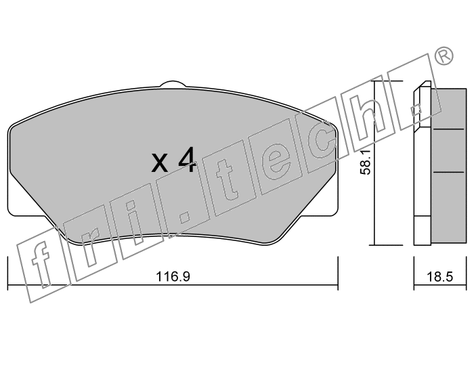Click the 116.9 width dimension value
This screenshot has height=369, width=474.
pyautogui.click(x=173, y=276)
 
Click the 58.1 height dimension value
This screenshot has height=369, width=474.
pyautogui.click(x=366, y=163)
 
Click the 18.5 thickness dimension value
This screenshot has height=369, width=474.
pyautogui.click(x=440, y=276)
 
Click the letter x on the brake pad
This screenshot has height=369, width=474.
pyautogui.click(x=159, y=163)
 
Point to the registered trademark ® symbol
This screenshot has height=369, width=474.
pyautogui.click(x=444, y=56)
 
